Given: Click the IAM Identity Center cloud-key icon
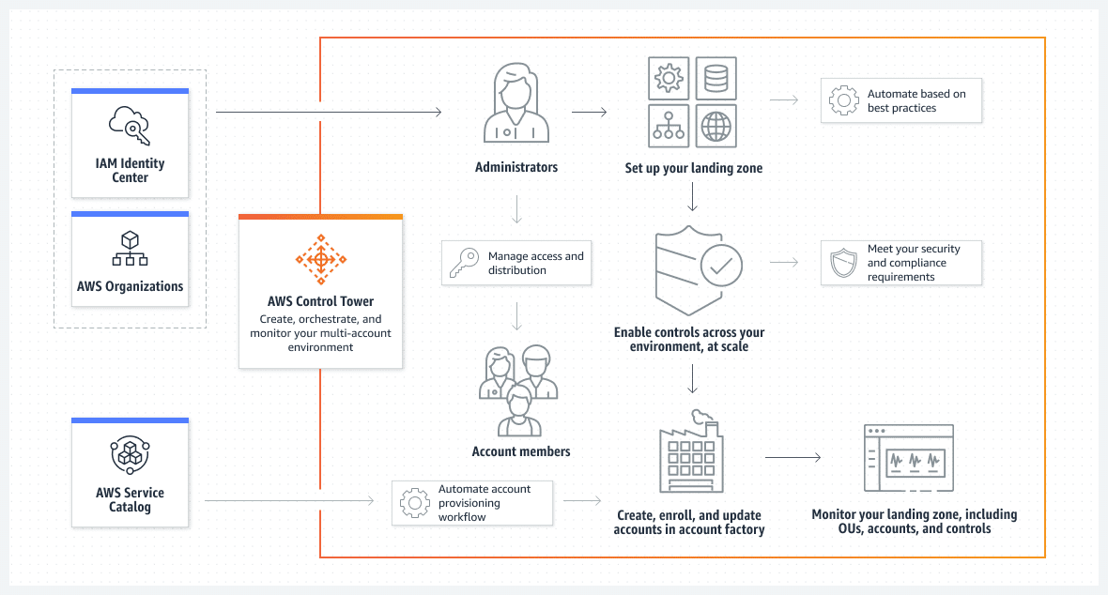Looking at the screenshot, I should pos(130,126).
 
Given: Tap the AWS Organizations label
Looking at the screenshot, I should pos(131,286).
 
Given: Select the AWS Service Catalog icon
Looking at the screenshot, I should pos(130,456).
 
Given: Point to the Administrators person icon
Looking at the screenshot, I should pos(516,103).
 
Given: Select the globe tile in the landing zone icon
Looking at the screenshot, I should pos(716,126).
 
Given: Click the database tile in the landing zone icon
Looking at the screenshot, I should pos(716,79).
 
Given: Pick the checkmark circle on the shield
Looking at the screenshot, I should pos(721,267).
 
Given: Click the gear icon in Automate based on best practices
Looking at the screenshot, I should pos(843,101).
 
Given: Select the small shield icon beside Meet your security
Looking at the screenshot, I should pos(843,264).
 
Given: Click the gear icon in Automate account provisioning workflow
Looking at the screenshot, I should pos(414,503).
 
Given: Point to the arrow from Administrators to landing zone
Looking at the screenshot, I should pos(589,113).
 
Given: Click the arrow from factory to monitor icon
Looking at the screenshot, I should pos(793,458).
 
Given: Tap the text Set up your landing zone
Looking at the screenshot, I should pos(693,169).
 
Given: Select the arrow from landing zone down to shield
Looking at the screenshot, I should pos(692,196).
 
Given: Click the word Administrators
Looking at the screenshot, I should pos(516,167).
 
